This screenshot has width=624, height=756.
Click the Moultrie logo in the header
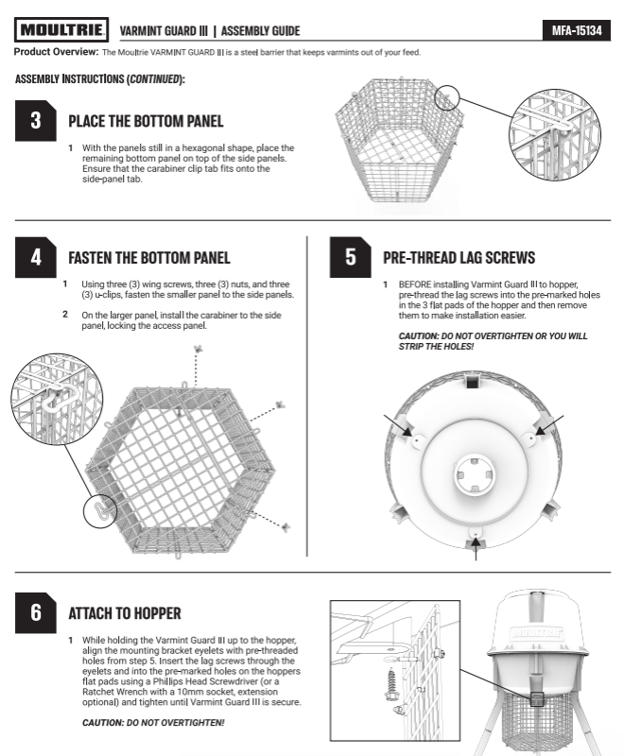tap(61, 30)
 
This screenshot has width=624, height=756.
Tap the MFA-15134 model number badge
tap(577, 30)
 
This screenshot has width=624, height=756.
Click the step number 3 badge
tap(36, 121)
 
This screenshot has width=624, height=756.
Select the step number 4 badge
tap(36, 257)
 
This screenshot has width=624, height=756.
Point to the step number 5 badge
tap(350, 257)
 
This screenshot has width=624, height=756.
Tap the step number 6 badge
tap(36, 612)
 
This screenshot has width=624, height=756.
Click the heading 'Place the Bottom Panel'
tap(146, 121)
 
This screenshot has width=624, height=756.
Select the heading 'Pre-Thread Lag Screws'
tap(459, 257)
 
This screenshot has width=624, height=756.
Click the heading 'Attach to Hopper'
tap(125, 613)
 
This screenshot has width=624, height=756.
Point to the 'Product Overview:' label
tap(56, 52)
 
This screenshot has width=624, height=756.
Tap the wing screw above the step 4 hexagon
tap(198, 349)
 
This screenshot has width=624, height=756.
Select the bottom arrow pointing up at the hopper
tap(476, 549)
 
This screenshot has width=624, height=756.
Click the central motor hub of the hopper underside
tap(475, 475)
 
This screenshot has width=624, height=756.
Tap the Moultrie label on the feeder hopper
tap(537, 632)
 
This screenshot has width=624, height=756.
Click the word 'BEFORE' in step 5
tap(415, 284)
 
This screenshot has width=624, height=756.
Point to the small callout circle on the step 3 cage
tap(447, 98)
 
